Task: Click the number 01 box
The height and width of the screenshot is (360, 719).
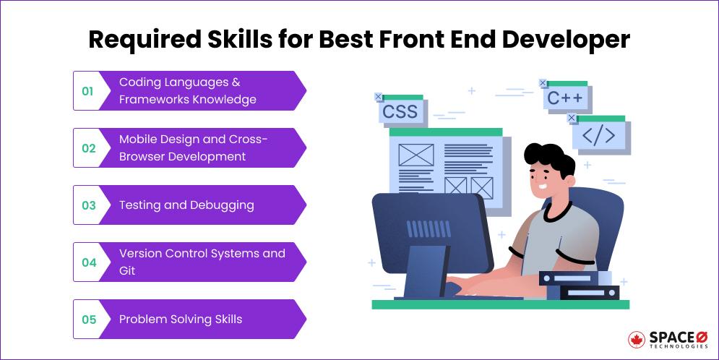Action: [x=87, y=91]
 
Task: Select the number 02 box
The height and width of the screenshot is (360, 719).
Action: [x=88, y=148]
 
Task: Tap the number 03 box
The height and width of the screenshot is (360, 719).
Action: [x=88, y=205]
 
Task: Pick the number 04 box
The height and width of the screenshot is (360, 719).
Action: [x=88, y=262]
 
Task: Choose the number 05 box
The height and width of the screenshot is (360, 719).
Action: [x=88, y=320]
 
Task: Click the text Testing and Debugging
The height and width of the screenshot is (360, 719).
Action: [x=186, y=205]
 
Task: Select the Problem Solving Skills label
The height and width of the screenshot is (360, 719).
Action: [x=181, y=320]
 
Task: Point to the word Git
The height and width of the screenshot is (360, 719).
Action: [x=127, y=271]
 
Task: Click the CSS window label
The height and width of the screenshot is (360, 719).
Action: [x=400, y=112]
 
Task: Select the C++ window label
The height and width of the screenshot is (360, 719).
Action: [x=564, y=98]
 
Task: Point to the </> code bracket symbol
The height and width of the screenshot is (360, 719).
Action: [x=598, y=134]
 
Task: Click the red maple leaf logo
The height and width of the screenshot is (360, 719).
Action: [x=637, y=340]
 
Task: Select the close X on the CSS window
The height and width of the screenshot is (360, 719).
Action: [x=379, y=97]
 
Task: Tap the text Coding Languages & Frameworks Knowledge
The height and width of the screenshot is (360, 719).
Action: [x=187, y=91]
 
